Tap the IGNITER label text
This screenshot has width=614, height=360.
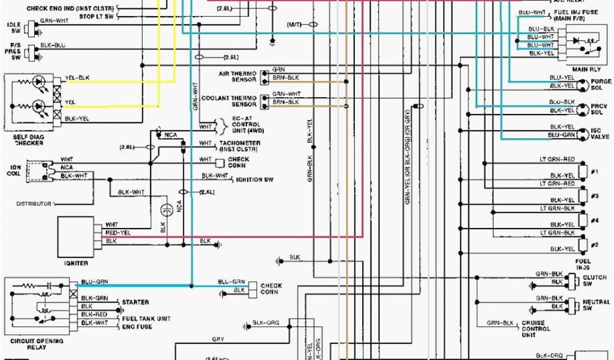click(76, 263)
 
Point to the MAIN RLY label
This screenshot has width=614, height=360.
click(583, 69)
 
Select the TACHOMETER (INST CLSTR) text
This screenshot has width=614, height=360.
click(240, 146)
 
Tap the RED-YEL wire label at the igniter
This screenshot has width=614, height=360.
click(118, 233)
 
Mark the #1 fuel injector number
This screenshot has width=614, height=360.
click(594, 172)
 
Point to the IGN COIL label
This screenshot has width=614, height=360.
click(16, 170)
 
